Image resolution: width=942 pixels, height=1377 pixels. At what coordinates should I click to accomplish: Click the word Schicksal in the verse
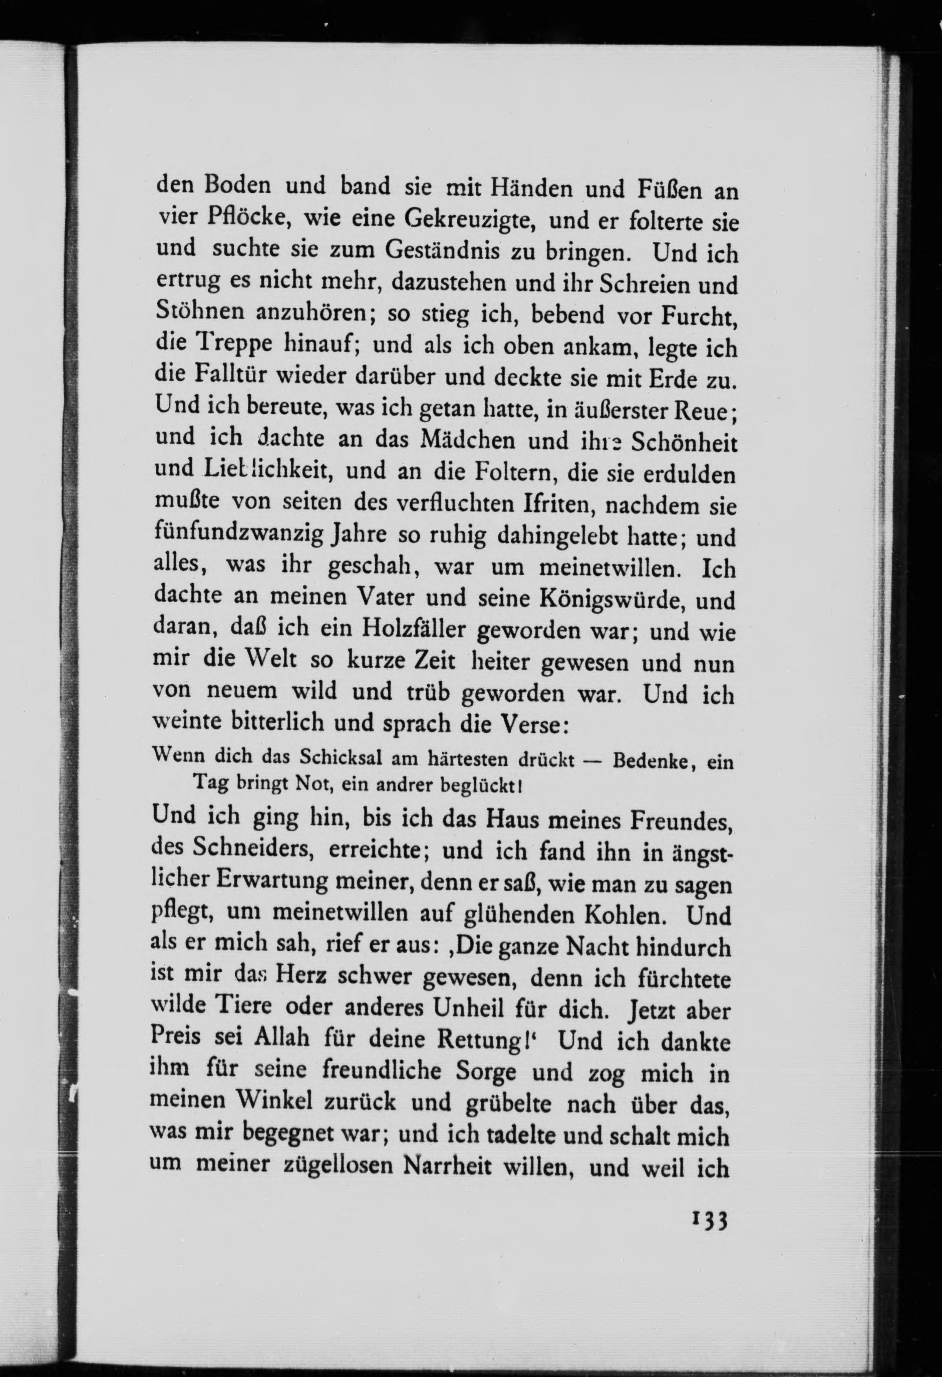[x=336, y=758]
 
